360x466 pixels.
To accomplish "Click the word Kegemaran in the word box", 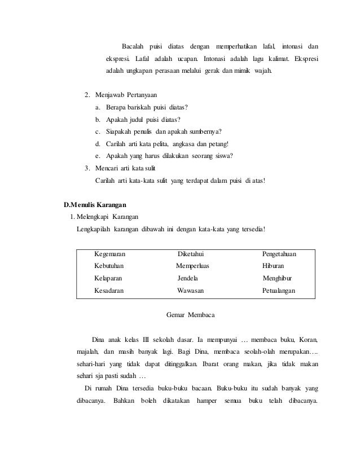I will [x=110, y=254].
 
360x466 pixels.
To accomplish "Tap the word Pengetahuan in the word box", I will [x=280, y=254].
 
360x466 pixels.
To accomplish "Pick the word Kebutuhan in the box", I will [x=110, y=266].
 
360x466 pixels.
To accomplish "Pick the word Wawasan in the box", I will [x=191, y=291].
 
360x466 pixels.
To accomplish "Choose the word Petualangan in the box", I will [x=279, y=291].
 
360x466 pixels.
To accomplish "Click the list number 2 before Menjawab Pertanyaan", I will [x=86, y=94].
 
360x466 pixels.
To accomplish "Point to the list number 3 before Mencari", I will [x=86, y=168].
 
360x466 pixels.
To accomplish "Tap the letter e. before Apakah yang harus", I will [x=98, y=156].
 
